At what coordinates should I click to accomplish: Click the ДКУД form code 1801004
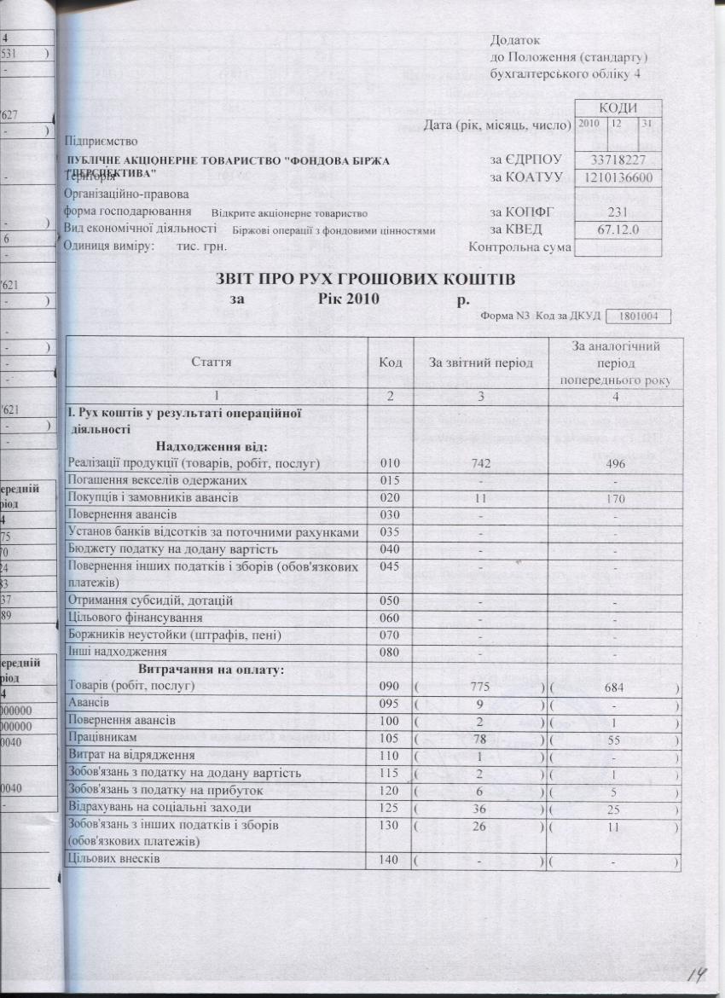(638, 316)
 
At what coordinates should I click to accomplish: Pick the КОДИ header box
(618, 107)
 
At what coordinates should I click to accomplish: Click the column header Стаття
(216, 363)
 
